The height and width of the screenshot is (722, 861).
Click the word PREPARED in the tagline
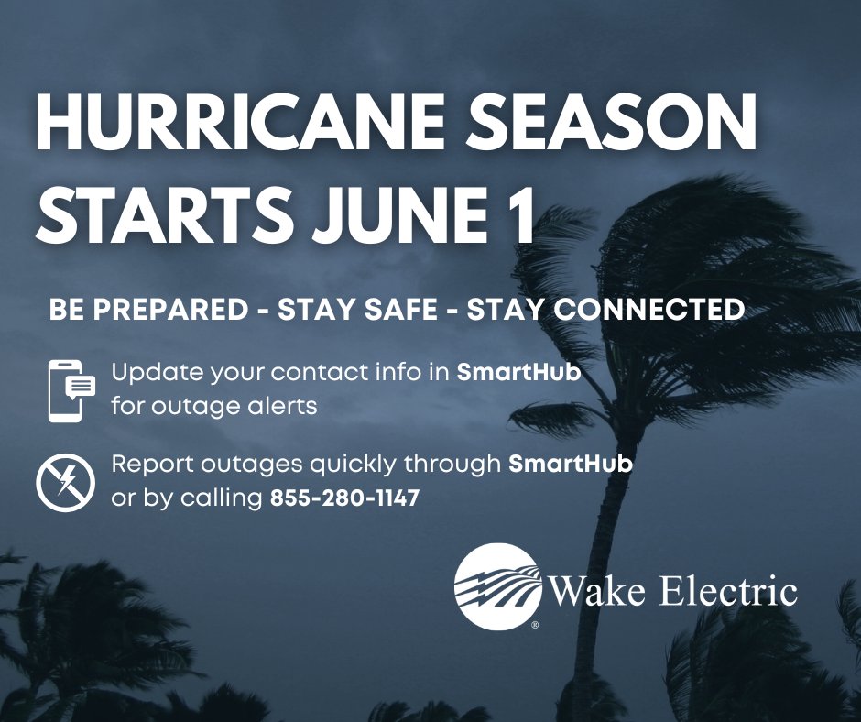tap(170, 309)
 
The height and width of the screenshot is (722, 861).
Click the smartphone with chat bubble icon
tap(71, 390)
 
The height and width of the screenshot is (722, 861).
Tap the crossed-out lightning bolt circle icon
tap(65, 483)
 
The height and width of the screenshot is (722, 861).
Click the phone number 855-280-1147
tap(344, 498)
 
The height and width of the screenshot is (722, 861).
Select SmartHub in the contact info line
tap(519, 372)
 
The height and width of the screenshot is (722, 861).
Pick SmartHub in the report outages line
tap(571, 464)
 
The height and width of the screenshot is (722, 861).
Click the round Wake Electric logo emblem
tap(498, 585)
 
